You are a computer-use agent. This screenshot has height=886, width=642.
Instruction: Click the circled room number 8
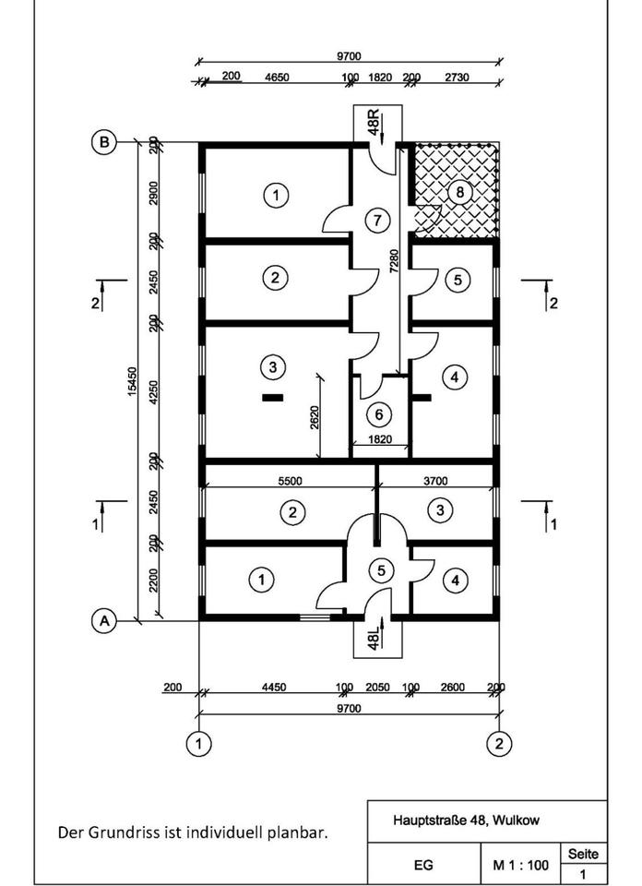point(458,192)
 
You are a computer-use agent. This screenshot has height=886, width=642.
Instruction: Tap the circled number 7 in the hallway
point(374,220)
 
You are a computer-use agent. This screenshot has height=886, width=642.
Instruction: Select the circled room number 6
point(378,414)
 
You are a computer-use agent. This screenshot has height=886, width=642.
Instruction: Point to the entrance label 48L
point(374,638)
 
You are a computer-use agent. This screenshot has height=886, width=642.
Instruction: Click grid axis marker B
point(105,142)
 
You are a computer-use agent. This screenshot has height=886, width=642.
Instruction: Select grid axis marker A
point(104,621)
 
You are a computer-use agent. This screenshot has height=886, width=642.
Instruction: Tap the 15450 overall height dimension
point(132,383)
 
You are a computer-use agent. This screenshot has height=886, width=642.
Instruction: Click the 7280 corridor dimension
point(395,261)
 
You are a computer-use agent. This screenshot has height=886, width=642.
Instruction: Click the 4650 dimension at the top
point(277,78)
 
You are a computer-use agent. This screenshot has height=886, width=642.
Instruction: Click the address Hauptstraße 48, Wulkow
point(467,820)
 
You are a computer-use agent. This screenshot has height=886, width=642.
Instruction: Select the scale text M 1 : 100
point(521,866)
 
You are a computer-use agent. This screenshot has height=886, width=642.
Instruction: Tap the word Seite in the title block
point(583,855)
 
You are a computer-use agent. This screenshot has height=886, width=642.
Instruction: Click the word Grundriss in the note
point(125,832)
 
